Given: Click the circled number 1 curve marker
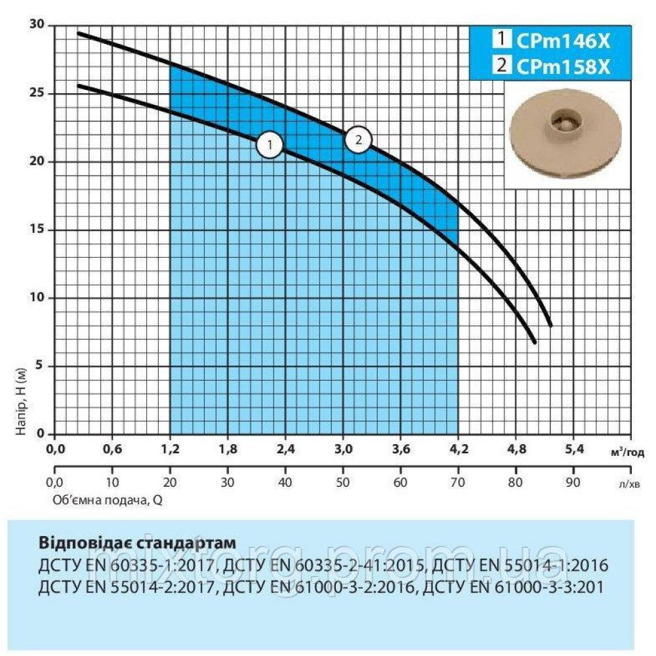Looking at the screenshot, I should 270,145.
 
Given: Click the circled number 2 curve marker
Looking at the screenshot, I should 358,139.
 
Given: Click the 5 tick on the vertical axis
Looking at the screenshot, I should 41,366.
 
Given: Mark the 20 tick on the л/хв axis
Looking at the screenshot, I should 170,483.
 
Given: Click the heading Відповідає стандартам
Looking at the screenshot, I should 136,544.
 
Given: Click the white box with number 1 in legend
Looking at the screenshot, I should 501,40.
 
